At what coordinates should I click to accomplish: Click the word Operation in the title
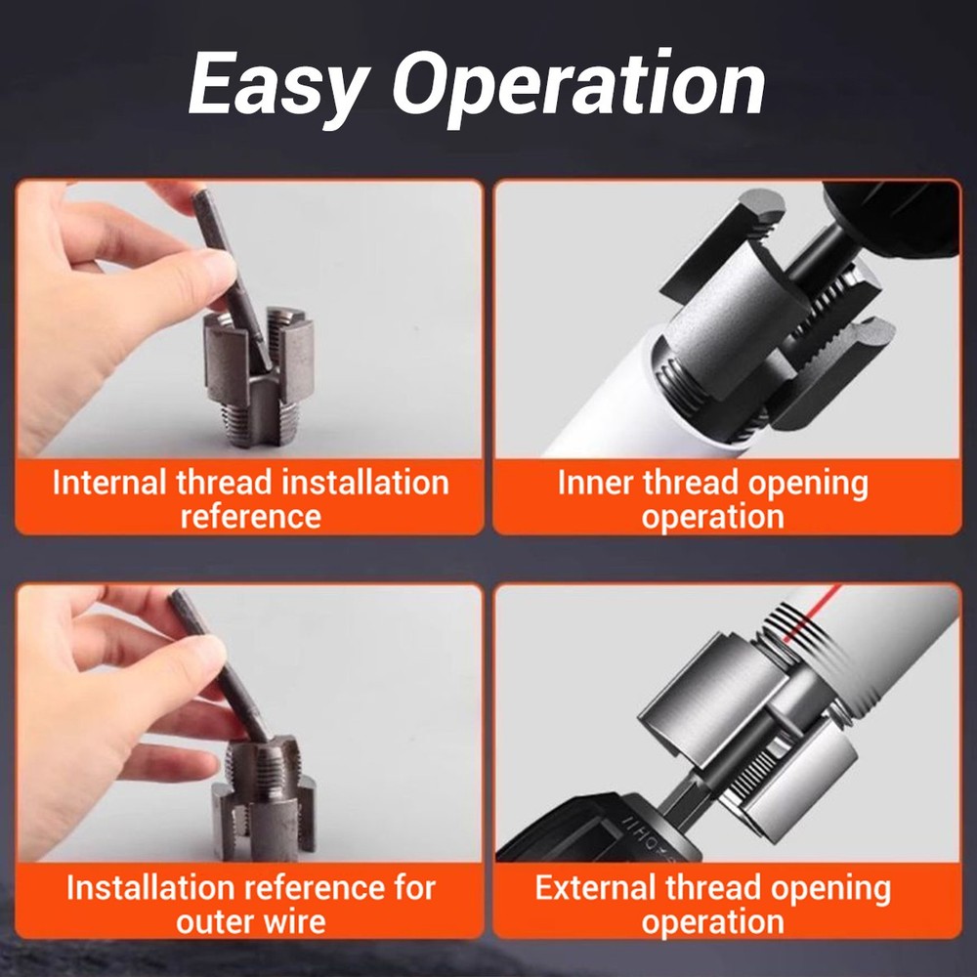[x=578, y=86]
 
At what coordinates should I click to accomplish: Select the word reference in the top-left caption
[x=250, y=516]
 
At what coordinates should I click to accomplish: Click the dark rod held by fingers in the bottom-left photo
[x=220, y=664]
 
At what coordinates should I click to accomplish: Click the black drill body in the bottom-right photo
[x=586, y=840]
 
